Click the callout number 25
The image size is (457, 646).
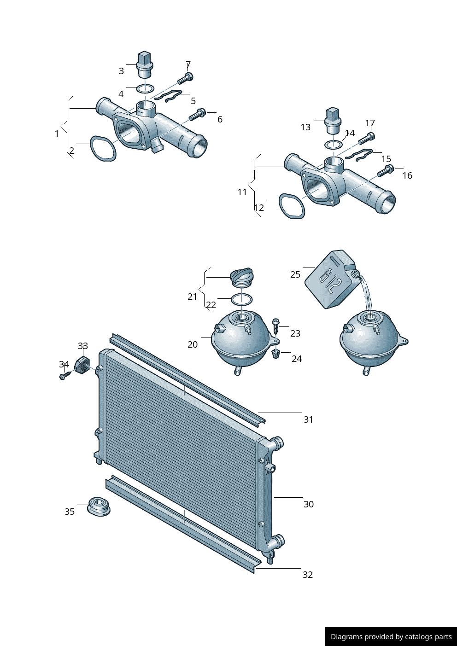click(295, 274)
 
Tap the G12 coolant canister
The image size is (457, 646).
click(332, 279)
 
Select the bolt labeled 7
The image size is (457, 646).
click(185, 78)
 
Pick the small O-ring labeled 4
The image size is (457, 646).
click(145, 89)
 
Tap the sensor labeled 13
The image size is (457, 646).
click(333, 121)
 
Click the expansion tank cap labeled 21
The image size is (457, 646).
click(242, 277)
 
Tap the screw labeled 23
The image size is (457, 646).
click(276, 326)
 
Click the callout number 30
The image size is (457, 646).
click(308, 504)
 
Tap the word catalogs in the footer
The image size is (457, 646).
click(419, 636)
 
